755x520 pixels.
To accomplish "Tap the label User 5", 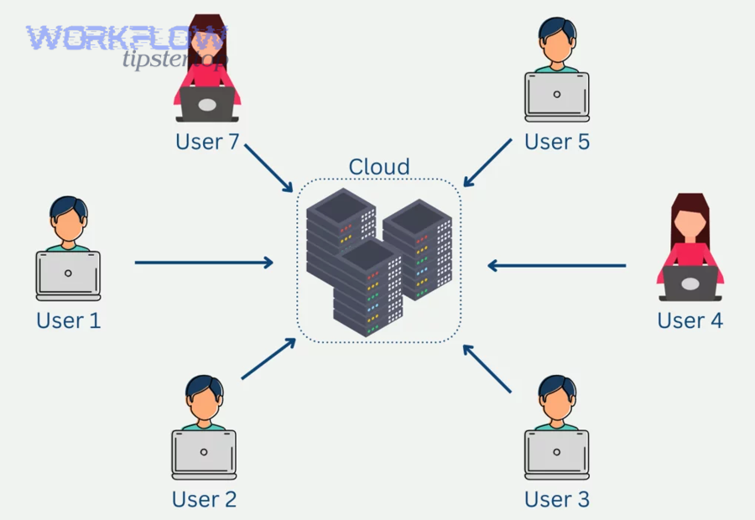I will click(x=557, y=141).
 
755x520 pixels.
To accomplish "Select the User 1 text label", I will click(x=69, y=320).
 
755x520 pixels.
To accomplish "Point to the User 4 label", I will click(x=690, y=320).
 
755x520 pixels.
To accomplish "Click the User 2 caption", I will click(x=204, y=499).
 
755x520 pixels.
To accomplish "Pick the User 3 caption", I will click(x=557, y=499).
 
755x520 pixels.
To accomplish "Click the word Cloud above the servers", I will click(x=379, y=166).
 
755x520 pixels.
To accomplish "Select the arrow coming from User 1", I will click(x=204, y=263).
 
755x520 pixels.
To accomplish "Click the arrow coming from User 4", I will click(x=557, y=266).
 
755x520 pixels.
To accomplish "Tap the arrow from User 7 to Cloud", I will click(x=268, y=166).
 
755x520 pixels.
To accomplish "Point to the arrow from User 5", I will click(x=487, y=163).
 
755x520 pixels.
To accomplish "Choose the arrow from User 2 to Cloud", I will click(x=268, y=360).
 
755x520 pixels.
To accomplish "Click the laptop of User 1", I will click(x=68, y=274).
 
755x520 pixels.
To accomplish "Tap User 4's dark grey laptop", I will click(x=690, y=283).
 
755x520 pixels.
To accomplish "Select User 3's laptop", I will click(x=556, y=454).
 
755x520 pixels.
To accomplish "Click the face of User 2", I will click(x=204, y=404).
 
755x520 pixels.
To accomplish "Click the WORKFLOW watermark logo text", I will click(x=126, y=38).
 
